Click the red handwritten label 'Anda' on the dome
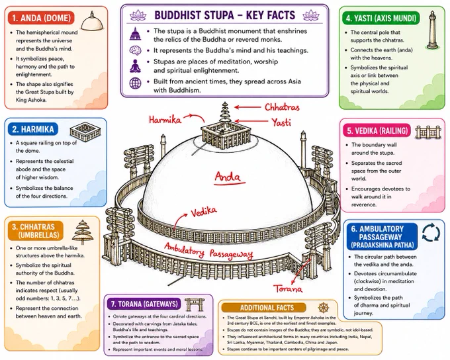[x=228, y=177]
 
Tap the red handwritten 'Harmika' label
[x=165, y=119]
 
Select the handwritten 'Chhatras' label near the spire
[x=282, y=107]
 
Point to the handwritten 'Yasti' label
[x=281, y=122]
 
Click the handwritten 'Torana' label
[x=288, y=289]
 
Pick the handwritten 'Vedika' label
[x=204, y=212]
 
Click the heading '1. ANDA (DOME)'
[x=42, y=18]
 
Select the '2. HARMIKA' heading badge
[x=33, y=129]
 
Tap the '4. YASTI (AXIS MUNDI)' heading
[x=381, y=19]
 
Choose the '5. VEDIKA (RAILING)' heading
[x=377, y=131]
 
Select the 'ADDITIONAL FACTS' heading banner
[x=267, y=308]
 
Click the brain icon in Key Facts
[x=135, y=50]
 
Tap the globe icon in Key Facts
[x=135, y=83]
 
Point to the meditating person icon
[x=135, y=66]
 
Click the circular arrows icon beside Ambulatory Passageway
[x=431, y=232]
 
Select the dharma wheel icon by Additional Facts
[x=324, y=308]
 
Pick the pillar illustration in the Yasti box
[x=432, y=30]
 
